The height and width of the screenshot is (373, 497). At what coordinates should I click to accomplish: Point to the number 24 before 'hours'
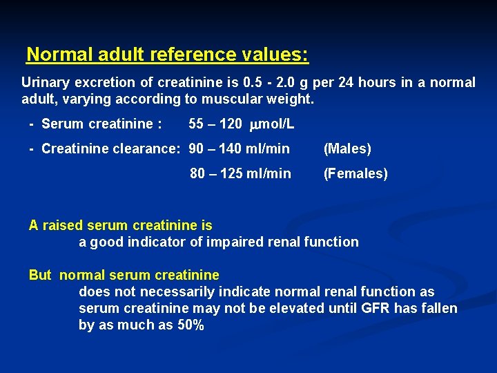tap(347, 82)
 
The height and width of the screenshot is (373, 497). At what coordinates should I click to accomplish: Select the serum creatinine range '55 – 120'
tap(215, 124)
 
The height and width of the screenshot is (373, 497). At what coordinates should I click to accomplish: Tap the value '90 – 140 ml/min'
tap(239, 149)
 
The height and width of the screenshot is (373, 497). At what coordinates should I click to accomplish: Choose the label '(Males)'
tap(347, 149)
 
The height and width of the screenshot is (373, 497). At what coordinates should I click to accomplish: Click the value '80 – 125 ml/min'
tap(240, 173)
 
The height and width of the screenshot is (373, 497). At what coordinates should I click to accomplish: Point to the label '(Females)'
tap(355, 173)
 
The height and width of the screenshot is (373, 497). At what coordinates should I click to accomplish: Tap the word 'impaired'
tap(236, 242)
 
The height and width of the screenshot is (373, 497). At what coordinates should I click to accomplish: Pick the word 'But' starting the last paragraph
tap(40, 275)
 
